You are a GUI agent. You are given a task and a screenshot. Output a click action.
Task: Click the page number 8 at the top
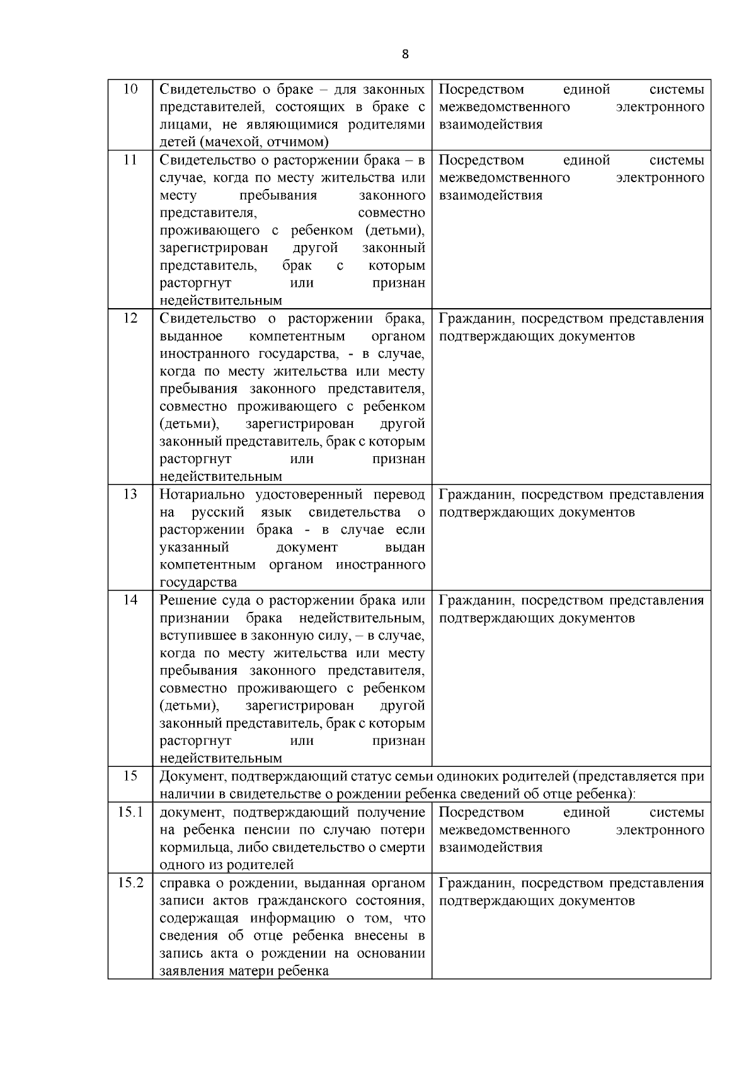(404, 54)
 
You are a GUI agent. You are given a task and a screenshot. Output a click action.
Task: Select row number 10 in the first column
(130, 89)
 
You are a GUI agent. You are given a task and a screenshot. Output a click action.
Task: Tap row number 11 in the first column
(130, 159)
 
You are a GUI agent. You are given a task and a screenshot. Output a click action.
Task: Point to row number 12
(130, 318)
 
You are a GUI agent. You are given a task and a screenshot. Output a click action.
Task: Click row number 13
(130, 494)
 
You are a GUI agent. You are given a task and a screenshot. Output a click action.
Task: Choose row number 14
(130, 600)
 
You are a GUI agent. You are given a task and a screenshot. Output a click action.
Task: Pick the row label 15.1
(130, 812)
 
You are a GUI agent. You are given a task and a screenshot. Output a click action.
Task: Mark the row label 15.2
(130, 883)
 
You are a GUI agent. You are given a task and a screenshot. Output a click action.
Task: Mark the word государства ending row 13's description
(198, 582)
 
